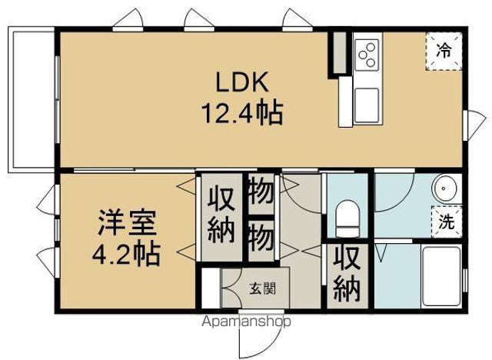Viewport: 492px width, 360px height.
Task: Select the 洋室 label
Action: click(x=126, y=224)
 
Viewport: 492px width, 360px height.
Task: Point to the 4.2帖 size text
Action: click(x=128, y=253)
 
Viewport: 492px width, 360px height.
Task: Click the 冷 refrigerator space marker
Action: click(x=444, y=52)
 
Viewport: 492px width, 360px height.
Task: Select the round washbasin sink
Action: click(x=444, y=189)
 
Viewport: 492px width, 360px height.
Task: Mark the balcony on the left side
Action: click(x=31, y=100)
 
